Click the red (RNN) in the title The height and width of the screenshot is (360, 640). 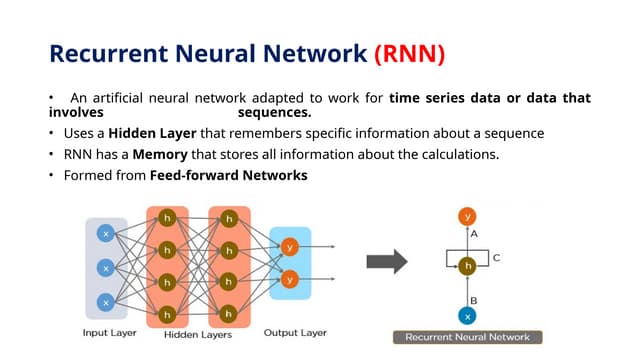[x=409, y=52]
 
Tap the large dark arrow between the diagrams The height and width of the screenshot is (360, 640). [x=387, y=263]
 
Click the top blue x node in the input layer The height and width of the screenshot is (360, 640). [x=105, y=233]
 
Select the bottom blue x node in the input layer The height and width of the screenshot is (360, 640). [x=105, y=302]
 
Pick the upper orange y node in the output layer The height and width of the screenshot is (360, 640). [x=290, y=247]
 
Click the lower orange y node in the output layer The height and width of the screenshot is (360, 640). [x=290, y=279]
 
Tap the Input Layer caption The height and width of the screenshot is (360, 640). [x=110, y=333]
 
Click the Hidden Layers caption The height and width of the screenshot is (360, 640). [x=198, y=334]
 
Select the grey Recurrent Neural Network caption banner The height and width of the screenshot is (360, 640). [x=467, y=338]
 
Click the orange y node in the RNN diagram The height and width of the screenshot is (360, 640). [x=466, y=216]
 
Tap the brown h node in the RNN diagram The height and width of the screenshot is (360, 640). [x=466, y=266]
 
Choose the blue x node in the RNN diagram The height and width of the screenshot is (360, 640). [x=466, y=316]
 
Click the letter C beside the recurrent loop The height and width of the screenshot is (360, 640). [x=496, y=257]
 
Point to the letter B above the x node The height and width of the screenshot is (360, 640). [x=473, y=297]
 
